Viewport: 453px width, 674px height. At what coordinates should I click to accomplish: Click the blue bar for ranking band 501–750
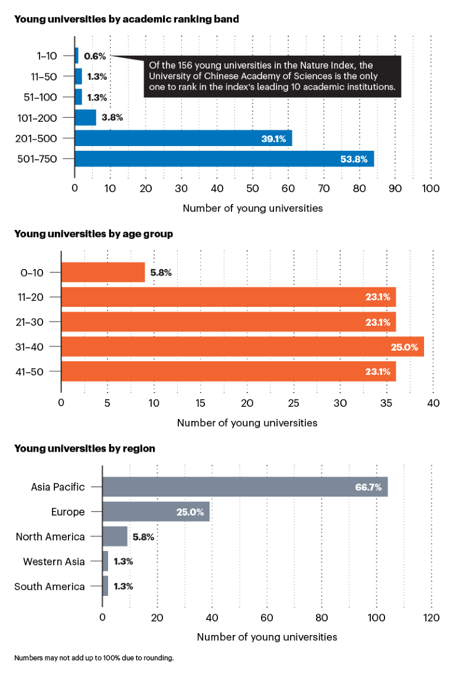[224, 158]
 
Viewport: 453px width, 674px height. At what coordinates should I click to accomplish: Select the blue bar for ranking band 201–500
[183, 138]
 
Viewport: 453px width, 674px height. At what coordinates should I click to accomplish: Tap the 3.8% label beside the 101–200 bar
[112, 118]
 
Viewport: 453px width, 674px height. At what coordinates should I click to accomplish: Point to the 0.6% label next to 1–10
[94, 56]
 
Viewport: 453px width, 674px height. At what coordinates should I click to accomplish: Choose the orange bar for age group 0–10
[103, 273]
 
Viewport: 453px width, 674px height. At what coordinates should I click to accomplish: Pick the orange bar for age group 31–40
[243, 346]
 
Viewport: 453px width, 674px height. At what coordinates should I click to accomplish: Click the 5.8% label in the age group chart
[161, 273]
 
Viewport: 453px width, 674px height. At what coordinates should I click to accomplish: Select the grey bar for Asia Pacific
[245, 487]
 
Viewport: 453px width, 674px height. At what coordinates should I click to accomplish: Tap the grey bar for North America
[115, 537]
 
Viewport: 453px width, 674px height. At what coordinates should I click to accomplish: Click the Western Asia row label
[54, 562]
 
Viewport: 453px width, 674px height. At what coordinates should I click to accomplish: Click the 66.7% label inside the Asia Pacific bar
[368, 488]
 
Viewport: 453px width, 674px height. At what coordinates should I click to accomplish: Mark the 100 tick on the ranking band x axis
[431, 188]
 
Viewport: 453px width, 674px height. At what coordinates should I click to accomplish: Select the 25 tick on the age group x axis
[294, 403]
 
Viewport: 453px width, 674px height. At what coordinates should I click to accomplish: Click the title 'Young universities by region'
[84, 449]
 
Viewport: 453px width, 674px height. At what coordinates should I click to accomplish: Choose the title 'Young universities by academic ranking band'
[126, 19]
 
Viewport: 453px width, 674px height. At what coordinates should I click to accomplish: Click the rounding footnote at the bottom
[94, 657]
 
